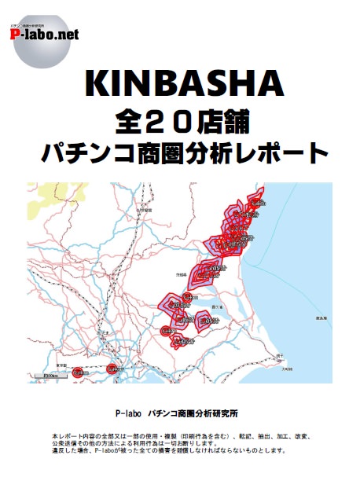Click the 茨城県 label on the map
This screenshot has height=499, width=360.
click(x=182, y=276)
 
